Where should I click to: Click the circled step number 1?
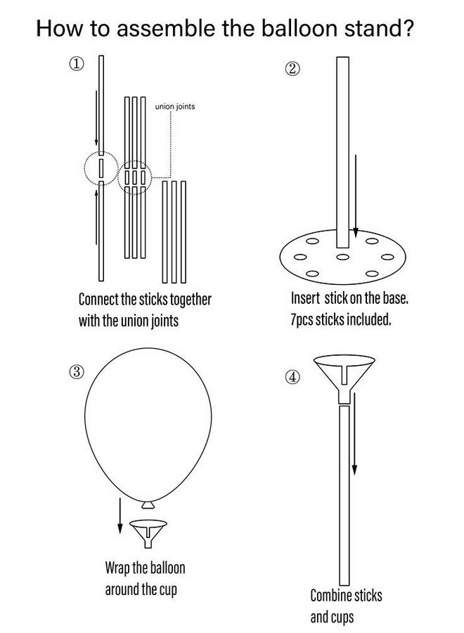coord(77,64)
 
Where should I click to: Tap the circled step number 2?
coord(293,70)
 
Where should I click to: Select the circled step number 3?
coord(77,372)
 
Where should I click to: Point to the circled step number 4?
coord(293,377)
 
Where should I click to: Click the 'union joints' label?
coord(175,107)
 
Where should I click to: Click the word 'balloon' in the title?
coord(299,28)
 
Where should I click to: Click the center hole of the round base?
coord(342,257)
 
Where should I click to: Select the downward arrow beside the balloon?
coord(120,516)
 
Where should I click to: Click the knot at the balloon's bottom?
coord(148,504)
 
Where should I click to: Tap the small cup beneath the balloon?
coord(148,533)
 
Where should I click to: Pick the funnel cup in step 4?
coord(344,378)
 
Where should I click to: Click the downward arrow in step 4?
coord(354,433)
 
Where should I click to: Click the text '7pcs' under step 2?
coord(302,320)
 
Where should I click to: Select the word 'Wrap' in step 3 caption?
coord(117,568)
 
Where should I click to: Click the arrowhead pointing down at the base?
coord(356,233)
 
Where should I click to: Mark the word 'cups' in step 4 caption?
coord(342,618)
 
